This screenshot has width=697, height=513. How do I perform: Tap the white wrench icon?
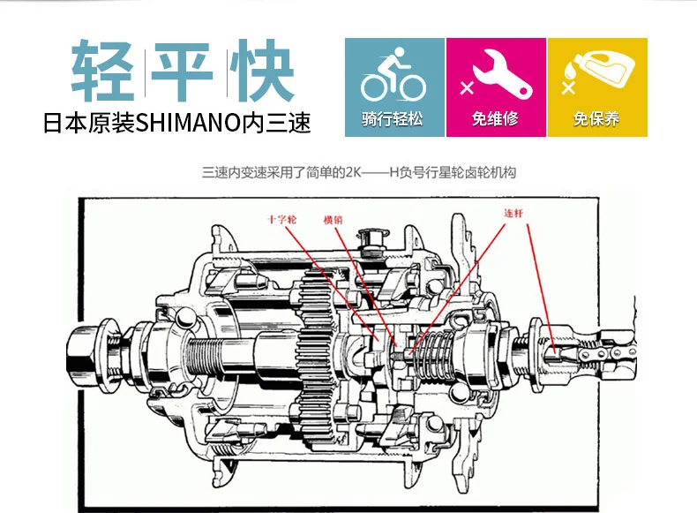(x=498, y=75)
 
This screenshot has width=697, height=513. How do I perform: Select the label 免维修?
(x=496, y=118)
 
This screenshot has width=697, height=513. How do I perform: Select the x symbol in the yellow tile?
(x=566, y=87)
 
